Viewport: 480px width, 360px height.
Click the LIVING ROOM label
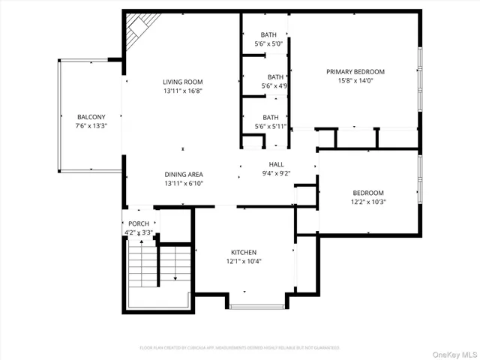(x=183, y=82)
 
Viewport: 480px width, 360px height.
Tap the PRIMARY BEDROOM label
(x=355, y=72)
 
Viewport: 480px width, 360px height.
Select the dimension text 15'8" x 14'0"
(x=355, y=81)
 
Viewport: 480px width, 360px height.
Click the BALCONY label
(x=91, y=117)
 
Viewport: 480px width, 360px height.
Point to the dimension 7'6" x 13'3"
(x=91, y=126)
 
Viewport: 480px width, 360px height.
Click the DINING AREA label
(x=184, y=174)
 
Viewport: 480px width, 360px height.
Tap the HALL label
(x=276, y=164)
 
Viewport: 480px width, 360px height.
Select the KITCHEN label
(x=244, y=253)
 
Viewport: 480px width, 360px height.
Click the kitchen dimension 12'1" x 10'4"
(x=244, y=262)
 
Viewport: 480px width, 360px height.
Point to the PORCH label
(x=139, y=224)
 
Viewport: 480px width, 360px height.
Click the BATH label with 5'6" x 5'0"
(x=268, y=35)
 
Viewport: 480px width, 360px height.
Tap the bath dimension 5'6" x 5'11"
(x=271, y=126)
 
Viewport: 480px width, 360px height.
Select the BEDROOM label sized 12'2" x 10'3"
(x=368, y=192)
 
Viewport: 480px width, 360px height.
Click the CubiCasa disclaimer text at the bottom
(x=240, y=348)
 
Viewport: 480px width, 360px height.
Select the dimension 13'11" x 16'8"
(x=183, y=91)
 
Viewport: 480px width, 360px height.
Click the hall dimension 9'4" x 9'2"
(x=276, y=173)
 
